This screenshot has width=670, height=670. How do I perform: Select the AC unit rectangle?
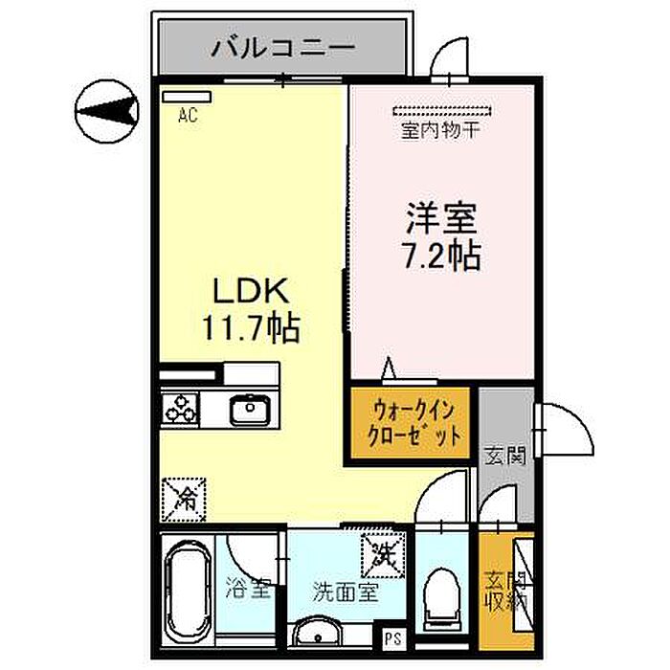(x=187, y=96)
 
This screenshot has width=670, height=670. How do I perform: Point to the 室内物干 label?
(x=439, y=129)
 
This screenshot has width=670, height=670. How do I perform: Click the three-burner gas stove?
(x=180, y=410)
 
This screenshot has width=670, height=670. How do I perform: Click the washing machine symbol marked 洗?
(x=384, y=553)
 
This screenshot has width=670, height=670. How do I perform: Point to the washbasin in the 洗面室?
(x=318, y=635)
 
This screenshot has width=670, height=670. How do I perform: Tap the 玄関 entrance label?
(x=505, y=457)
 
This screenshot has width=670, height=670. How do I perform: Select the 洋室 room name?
(x=438, y=220)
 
